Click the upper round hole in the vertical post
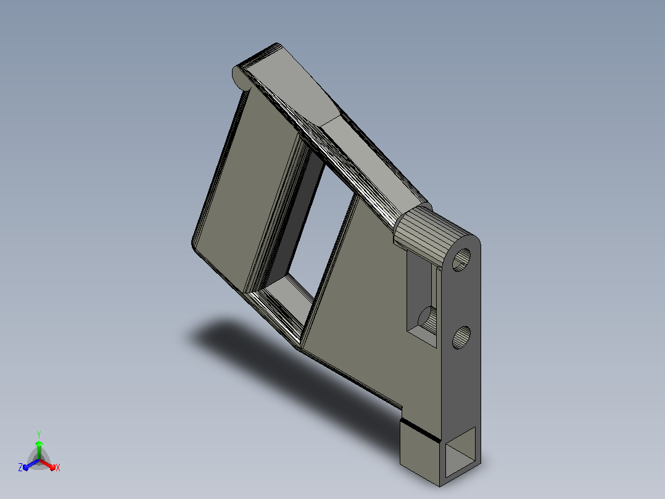point(461,260)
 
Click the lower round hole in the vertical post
point(461,338)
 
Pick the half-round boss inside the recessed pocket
point(428,320)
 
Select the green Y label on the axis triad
point(39,434)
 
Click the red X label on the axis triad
point(58,468)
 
